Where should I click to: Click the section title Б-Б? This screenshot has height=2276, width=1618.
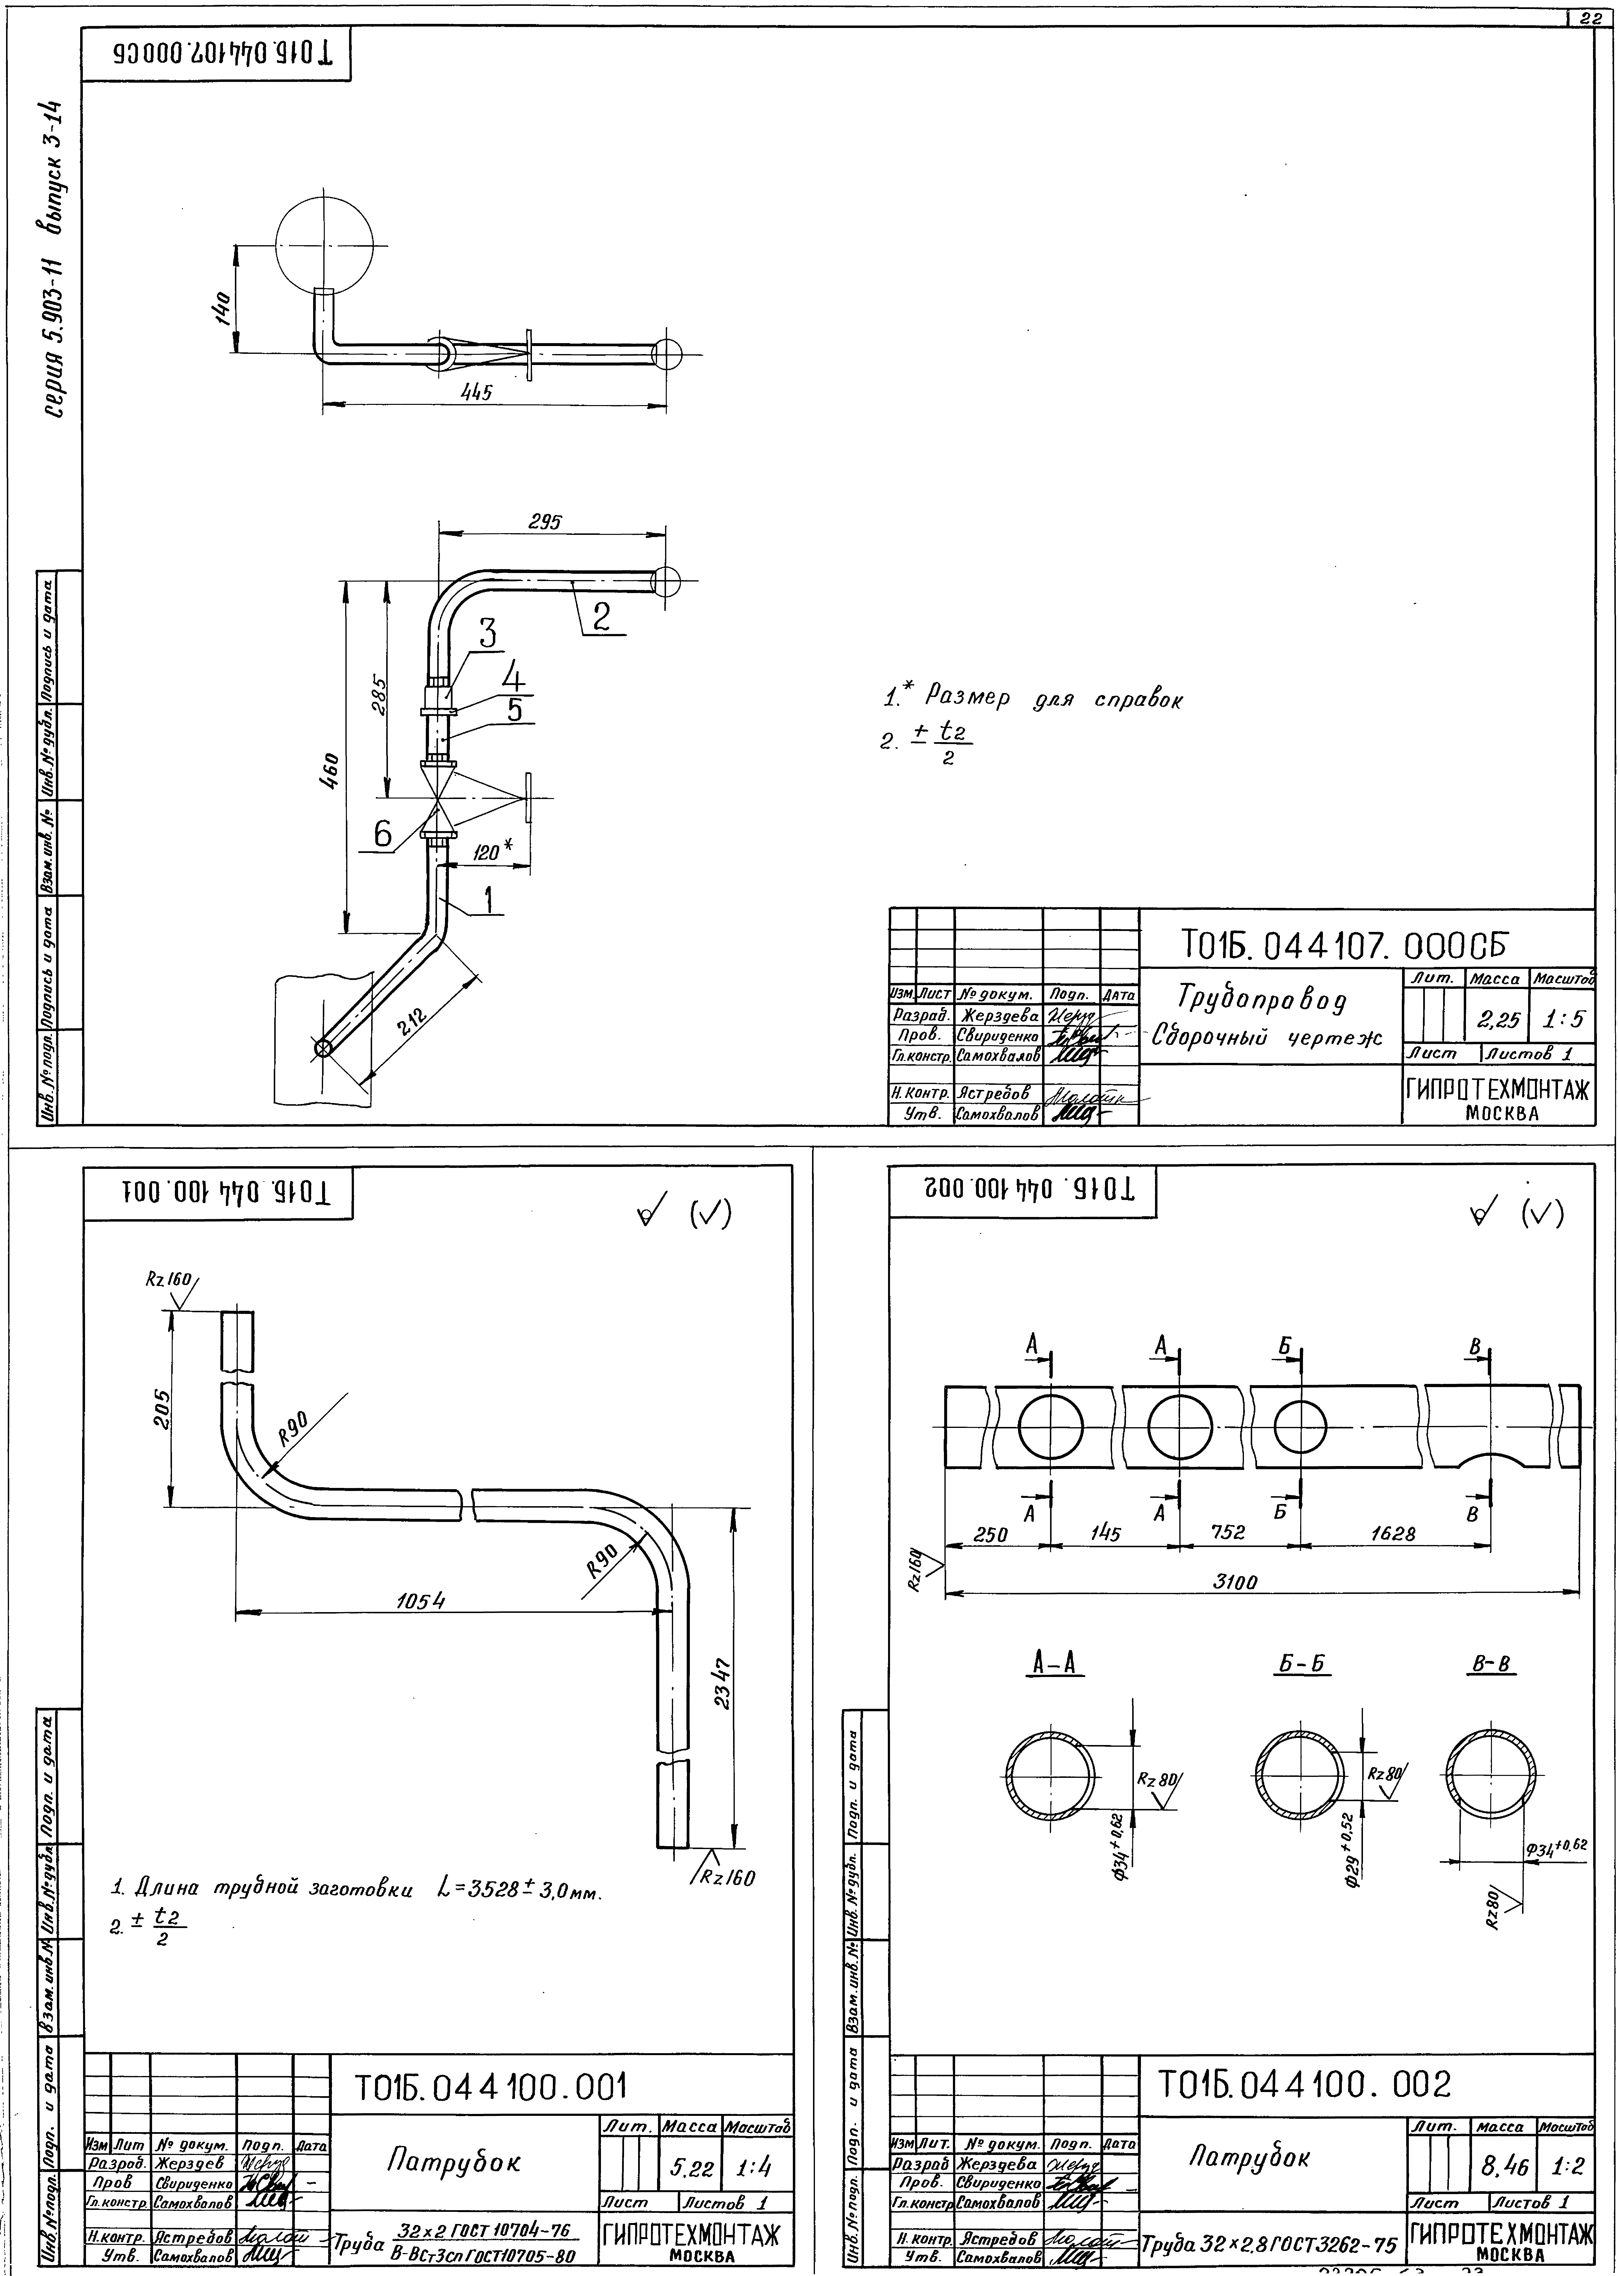(x=1303, y=1664)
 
